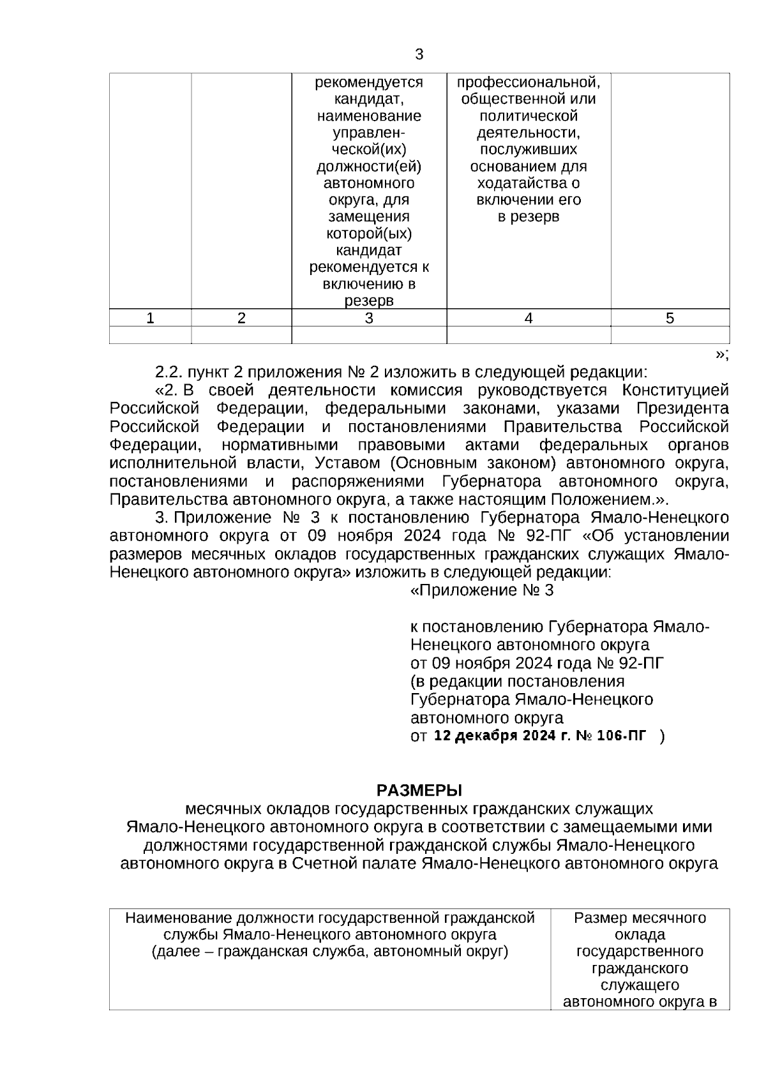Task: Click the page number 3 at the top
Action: [x=419, y=55]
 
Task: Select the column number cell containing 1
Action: [x=150, y=318]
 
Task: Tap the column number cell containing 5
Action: [x=670, y=318]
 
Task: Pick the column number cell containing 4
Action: [x=528, y=318]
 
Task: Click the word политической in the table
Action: [x=529, y=116]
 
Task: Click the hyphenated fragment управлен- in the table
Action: [x=369, y=133]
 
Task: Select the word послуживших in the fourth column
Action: [x=529, y=149]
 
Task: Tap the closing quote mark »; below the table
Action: [x=721, y=354]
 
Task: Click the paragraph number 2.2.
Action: [x=167, y=371]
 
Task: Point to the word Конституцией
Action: [x=675, y=390]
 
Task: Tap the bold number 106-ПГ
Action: [x=620, y=736]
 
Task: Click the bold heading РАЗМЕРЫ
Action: [x=419, y=791]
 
